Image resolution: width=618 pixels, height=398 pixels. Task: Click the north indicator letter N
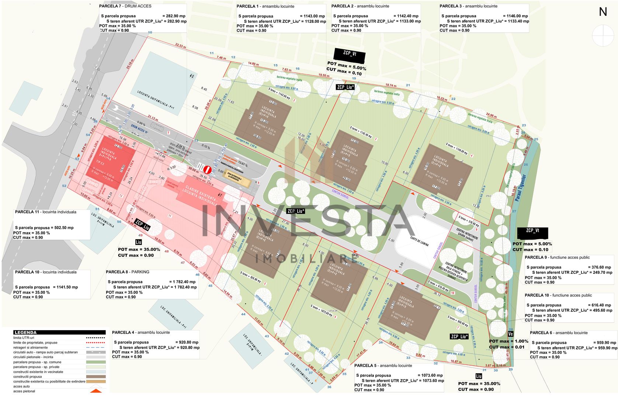tap(603, 12)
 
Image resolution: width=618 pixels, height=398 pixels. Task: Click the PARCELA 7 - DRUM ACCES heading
tap(125, 6)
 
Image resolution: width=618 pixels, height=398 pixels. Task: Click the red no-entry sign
tap(207, 170)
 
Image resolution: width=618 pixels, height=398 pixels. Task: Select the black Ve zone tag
tap(510, 334)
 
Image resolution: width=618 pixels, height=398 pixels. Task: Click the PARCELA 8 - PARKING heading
tap(128, 272)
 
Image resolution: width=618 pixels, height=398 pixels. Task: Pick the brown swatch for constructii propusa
tap(96, 377)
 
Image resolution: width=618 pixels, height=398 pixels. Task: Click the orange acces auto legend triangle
tap(96, 390)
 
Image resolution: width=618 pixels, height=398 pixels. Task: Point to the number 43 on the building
tap(191, 76)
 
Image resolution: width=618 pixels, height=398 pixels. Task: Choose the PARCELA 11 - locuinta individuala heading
tap(45, 212)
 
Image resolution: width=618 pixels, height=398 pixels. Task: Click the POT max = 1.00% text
tap(508, 341)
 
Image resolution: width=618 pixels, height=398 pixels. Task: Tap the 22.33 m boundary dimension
tap(180, 46)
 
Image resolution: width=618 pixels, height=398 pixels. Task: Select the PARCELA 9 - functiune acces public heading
tap(557, 258)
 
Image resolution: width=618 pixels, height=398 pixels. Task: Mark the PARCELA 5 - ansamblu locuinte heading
tap(383, 366)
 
